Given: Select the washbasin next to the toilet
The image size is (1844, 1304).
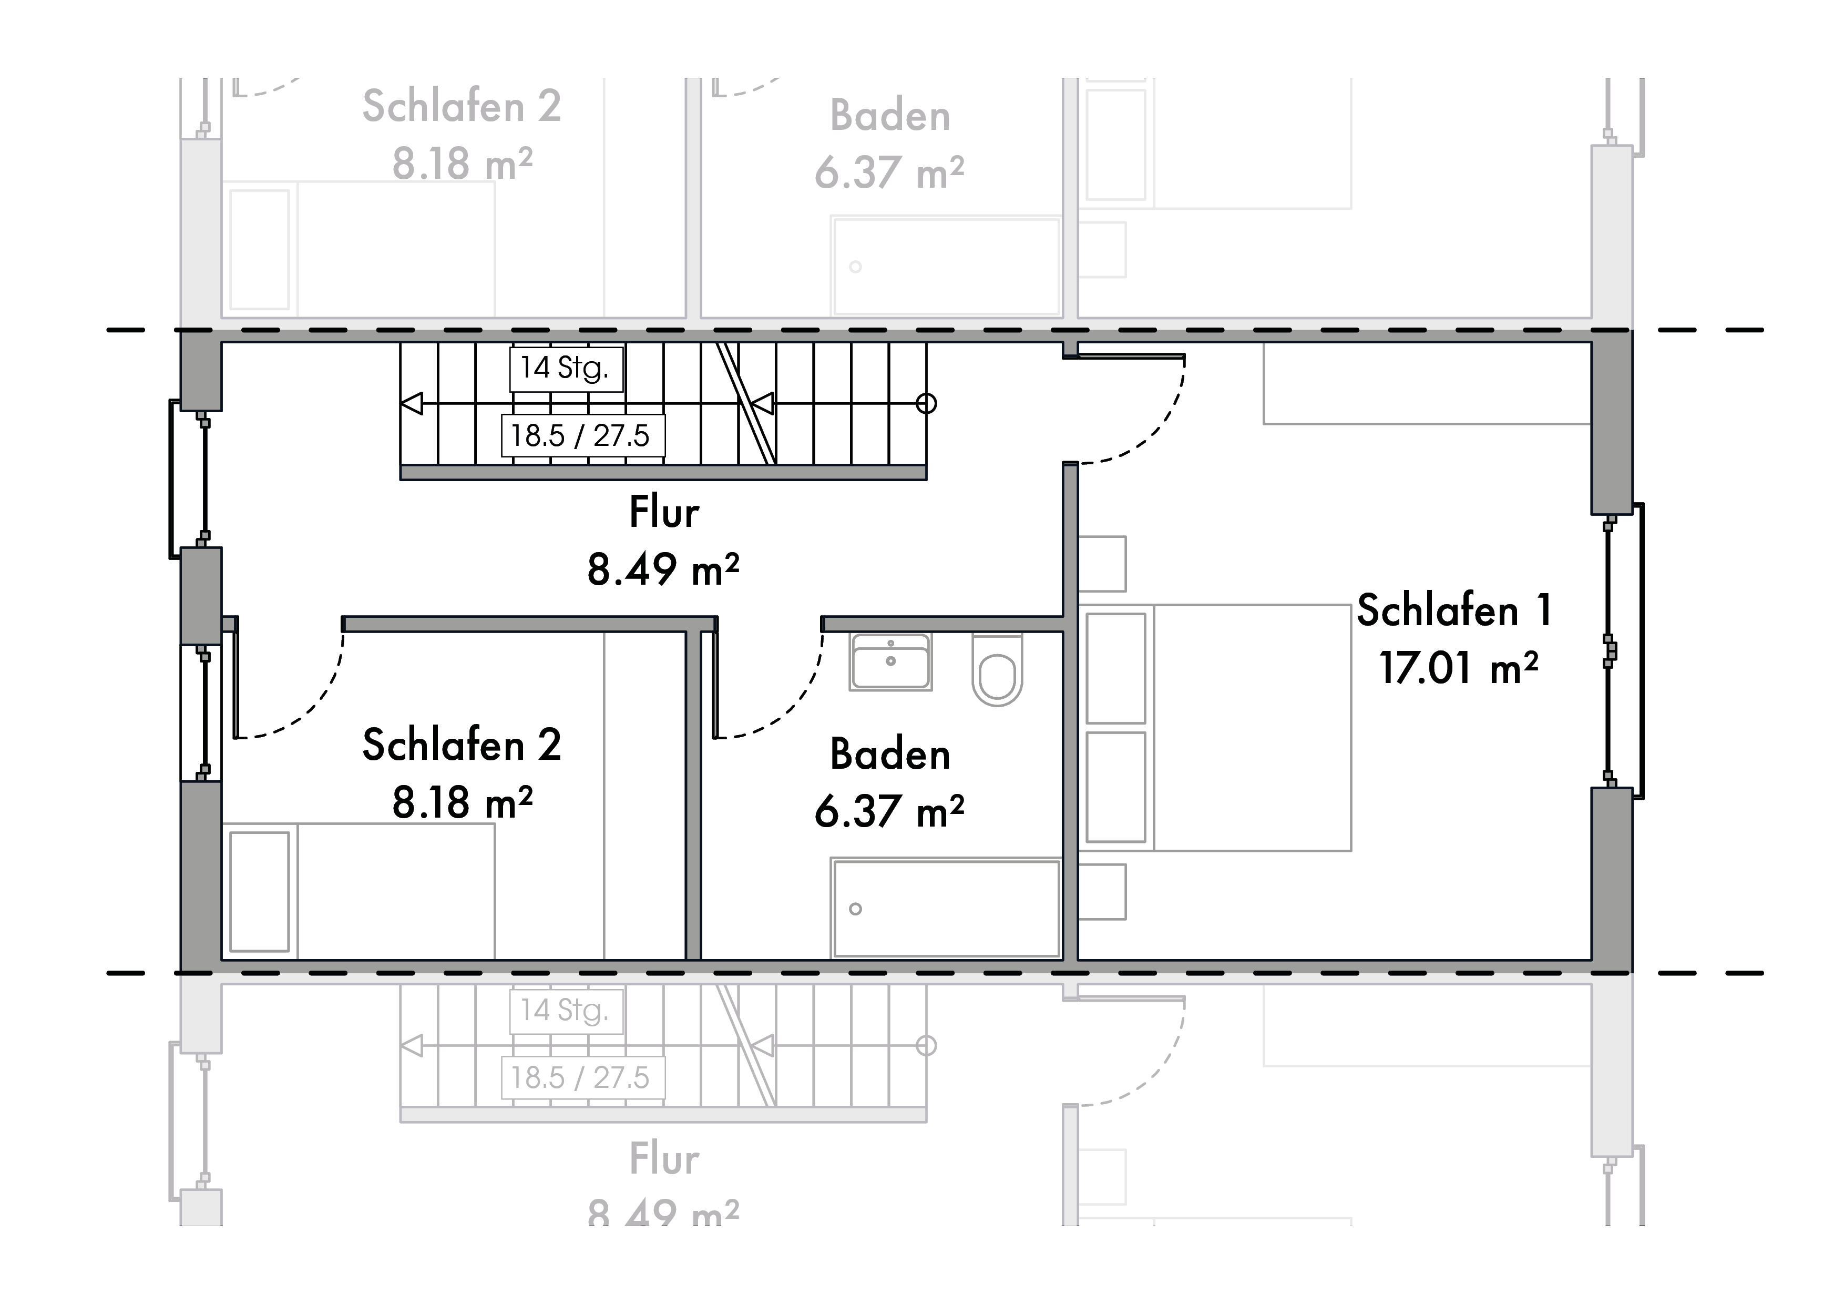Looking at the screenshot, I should pyautogui.click(x=890, y=661).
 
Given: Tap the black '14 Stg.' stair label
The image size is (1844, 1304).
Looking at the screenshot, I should pyautogui.click(x=566, y=368).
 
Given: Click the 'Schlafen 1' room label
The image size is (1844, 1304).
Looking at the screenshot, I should pyautogui.click(x=1453, y=610).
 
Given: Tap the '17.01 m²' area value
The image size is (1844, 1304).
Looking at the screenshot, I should pyautogui.click(x=1459, y=668).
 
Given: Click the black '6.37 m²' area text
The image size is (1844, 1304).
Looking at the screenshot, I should pyautogui.click(x=889, y=811).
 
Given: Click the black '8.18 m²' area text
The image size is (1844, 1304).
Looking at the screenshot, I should pyautogui.click(x=462, y=802).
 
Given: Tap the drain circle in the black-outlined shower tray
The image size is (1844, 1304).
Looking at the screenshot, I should pyautogui.click(x=855, y=909).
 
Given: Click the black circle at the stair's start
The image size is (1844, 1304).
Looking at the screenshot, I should pyautogui.click(x=926, y=403).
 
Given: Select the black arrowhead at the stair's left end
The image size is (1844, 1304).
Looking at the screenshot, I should pyautogui.click(x=412, y=403).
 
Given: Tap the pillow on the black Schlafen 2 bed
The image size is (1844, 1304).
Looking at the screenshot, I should pyautogui.click(x=260, y=891).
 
